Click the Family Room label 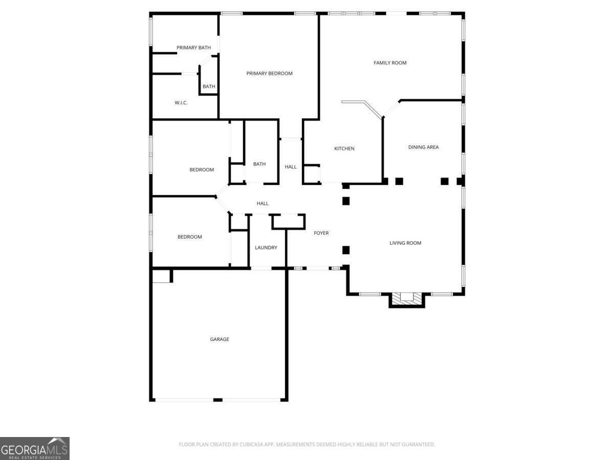(390, 63)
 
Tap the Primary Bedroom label (269, 74)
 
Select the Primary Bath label (193, 48)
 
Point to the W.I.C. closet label (181, 103)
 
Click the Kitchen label (344, 149)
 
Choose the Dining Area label (423, 147)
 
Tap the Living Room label (405, 243)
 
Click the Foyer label (321, 233)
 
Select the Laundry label (266, 248)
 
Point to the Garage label (220, 339)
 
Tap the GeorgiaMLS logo (34, 448)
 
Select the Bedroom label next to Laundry (189, 237)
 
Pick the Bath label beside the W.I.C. (209, 87)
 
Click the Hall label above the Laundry (262, 204)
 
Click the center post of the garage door (218, 399)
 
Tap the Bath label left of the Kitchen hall (259, 164)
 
